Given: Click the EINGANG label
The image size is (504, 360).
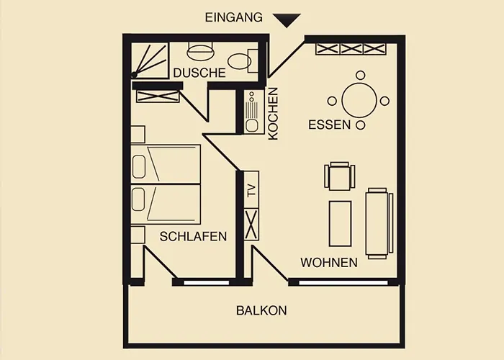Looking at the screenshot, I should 234,17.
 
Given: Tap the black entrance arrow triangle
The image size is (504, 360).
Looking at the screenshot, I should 287,20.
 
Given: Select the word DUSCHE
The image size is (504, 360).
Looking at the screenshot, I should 199,73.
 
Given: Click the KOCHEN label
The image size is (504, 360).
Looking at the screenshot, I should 273,113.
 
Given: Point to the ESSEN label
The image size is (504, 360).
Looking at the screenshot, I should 329,125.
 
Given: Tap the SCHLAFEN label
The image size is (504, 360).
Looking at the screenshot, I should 194,236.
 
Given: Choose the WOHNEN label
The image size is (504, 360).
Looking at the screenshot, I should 329,263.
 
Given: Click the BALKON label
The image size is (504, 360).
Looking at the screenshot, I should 261,311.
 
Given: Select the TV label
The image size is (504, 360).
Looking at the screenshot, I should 251,191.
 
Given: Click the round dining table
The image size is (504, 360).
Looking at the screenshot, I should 360,101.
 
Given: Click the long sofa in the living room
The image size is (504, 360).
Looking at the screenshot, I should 379,222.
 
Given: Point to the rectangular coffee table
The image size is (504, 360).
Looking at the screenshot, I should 340,223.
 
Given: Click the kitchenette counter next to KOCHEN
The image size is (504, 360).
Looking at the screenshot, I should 252,113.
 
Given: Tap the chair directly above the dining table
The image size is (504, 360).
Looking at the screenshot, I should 360,75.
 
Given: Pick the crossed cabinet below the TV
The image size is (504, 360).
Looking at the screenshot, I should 252,225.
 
